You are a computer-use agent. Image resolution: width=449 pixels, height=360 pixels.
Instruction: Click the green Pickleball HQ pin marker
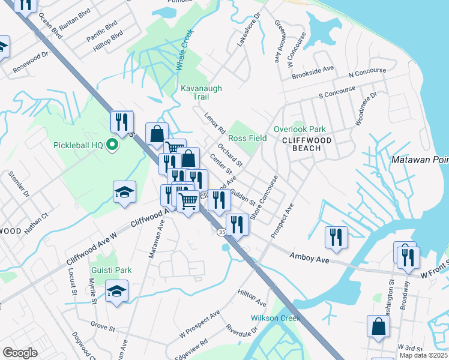click(x=110, y=145)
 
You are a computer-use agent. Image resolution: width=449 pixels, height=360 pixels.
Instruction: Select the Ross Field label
click(x=247, y=138)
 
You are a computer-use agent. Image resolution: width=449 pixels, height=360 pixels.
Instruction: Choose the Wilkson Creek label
click(x=275, y=317)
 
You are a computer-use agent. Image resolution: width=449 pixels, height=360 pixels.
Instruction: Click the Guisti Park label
click(x=111, y=271)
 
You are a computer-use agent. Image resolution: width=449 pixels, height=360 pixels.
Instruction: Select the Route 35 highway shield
click(x=223, y=232)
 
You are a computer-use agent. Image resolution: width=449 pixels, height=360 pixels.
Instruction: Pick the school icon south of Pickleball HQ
click(x=124, y=191)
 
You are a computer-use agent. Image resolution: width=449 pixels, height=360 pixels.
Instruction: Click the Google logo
click(x=20, y=353)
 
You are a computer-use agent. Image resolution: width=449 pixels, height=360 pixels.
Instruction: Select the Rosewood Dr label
click(x=33, y=59)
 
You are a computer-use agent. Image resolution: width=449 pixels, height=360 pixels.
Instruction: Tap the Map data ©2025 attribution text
click(x=423, y=355)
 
